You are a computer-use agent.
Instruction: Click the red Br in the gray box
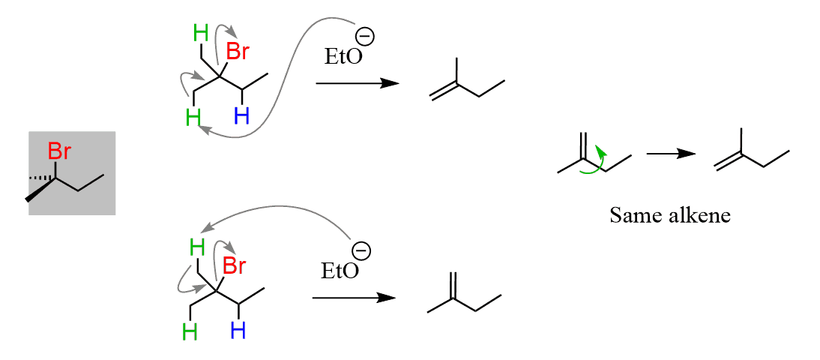(59, 152)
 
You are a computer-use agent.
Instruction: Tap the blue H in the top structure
(241, 115)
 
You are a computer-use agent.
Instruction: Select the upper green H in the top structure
(201, 32)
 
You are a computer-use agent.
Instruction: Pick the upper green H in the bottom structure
(197, 246)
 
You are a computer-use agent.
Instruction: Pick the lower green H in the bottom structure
(190, 331)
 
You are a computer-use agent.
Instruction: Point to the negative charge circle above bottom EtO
(361, 249)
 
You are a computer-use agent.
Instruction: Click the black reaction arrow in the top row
(356, 82)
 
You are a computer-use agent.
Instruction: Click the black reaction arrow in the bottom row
(353, 298)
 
